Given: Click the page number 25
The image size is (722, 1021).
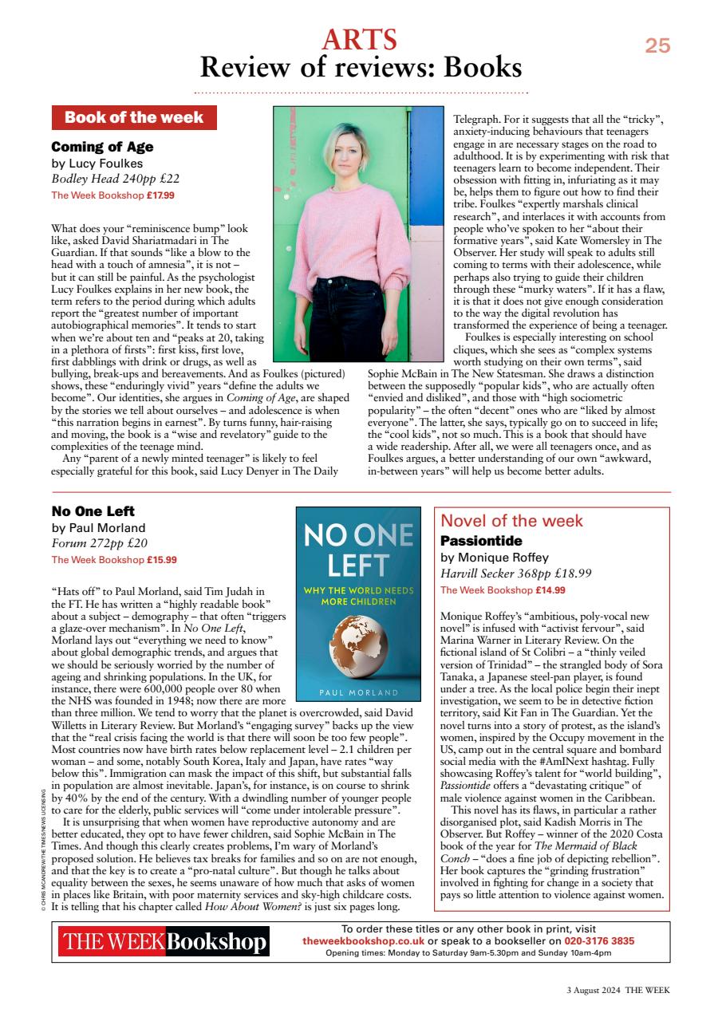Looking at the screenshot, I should (657, 46).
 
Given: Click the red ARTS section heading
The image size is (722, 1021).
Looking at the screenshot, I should (360, 39).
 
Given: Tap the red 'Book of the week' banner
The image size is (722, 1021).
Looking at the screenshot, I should (134, 118).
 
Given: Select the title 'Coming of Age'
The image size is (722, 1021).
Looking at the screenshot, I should (102, 147).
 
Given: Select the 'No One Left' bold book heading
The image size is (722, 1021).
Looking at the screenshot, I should (93, 511).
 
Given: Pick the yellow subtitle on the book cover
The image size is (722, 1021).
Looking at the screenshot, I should (363, 596).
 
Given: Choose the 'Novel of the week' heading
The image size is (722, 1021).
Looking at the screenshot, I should (511, 521).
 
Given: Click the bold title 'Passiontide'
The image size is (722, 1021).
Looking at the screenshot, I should (481, 541).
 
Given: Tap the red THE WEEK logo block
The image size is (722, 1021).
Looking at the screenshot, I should (112, 942).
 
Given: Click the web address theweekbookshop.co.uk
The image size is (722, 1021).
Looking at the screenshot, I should (363, 941).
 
